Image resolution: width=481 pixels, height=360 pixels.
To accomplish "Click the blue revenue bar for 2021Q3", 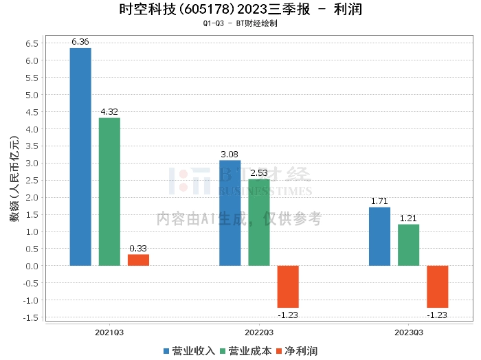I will point(80,157).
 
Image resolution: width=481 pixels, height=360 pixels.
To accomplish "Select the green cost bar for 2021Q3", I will point(109,192).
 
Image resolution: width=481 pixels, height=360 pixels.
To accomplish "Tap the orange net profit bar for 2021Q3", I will point(138,260).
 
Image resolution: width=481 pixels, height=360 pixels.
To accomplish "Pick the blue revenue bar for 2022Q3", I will point(230,213).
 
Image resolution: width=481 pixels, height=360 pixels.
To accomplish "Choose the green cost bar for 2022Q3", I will point(259,223).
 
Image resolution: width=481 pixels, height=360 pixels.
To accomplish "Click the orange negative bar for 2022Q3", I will point(288,286).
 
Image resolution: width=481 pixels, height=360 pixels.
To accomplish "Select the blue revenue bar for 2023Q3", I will point(379,236).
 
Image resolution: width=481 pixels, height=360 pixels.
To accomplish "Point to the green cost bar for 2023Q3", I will point(408,245).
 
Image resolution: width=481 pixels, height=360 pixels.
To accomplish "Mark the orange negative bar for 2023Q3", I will point(437,286).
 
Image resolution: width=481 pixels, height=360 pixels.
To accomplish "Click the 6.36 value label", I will point(80,42).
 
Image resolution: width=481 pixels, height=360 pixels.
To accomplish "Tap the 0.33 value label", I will point(138,249).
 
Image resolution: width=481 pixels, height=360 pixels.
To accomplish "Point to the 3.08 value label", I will point(230,155).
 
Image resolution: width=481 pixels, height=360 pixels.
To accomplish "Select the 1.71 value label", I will point(379,201).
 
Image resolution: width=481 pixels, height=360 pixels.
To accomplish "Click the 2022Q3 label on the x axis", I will point(259,331).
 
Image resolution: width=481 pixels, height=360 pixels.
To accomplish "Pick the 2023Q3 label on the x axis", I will point(408,331).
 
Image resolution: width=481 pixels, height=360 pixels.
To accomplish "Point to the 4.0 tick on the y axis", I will point(32,129).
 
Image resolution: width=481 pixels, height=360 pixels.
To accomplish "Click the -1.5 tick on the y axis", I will point(30,317).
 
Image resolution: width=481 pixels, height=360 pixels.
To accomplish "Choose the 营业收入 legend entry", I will point(189,350).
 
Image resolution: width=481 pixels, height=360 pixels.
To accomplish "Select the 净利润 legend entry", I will point(296,350).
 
